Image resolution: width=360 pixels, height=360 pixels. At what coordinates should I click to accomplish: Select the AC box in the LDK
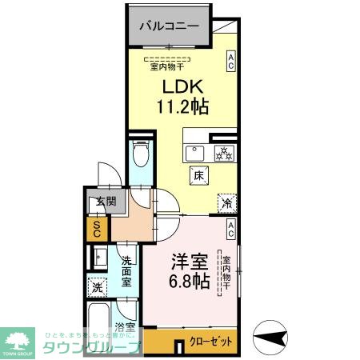(x=230, y=62)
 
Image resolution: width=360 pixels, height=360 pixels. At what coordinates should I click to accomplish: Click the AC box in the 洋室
(x=230, y=230)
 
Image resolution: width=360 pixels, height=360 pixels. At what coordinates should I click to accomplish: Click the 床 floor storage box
(x=197, y=174)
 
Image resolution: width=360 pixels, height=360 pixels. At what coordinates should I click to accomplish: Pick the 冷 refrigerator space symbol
(x=226, y=203)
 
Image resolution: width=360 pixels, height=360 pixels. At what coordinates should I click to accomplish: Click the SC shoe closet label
(x=97, y=230)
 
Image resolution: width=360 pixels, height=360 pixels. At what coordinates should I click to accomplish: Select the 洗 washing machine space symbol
(x=98, y=287)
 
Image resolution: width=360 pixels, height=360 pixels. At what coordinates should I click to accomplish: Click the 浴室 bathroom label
(x=124, y=327)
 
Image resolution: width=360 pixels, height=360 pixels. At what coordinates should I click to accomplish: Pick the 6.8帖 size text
(x=189, y=282)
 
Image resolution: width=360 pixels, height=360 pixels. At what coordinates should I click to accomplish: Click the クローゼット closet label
(x=212, y=342)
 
